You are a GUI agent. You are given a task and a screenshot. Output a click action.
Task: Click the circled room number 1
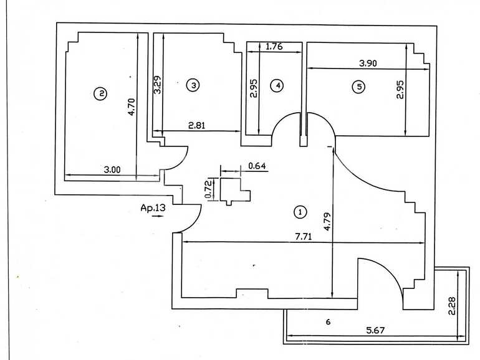[300, 212]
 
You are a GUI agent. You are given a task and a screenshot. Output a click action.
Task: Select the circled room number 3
[193, 85]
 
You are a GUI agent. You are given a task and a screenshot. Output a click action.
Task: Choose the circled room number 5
[358, 87]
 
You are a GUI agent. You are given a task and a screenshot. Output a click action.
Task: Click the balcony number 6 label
[328, 322]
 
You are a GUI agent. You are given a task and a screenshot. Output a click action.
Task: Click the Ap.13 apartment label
[153, 209]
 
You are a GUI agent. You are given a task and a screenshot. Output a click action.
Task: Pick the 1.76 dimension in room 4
[275, 46]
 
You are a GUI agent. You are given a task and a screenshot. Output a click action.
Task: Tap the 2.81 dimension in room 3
[198, 125]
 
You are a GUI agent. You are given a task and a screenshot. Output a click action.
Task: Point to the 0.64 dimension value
[257, 166]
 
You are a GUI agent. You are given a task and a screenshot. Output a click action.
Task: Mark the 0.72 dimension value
[209, 188]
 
